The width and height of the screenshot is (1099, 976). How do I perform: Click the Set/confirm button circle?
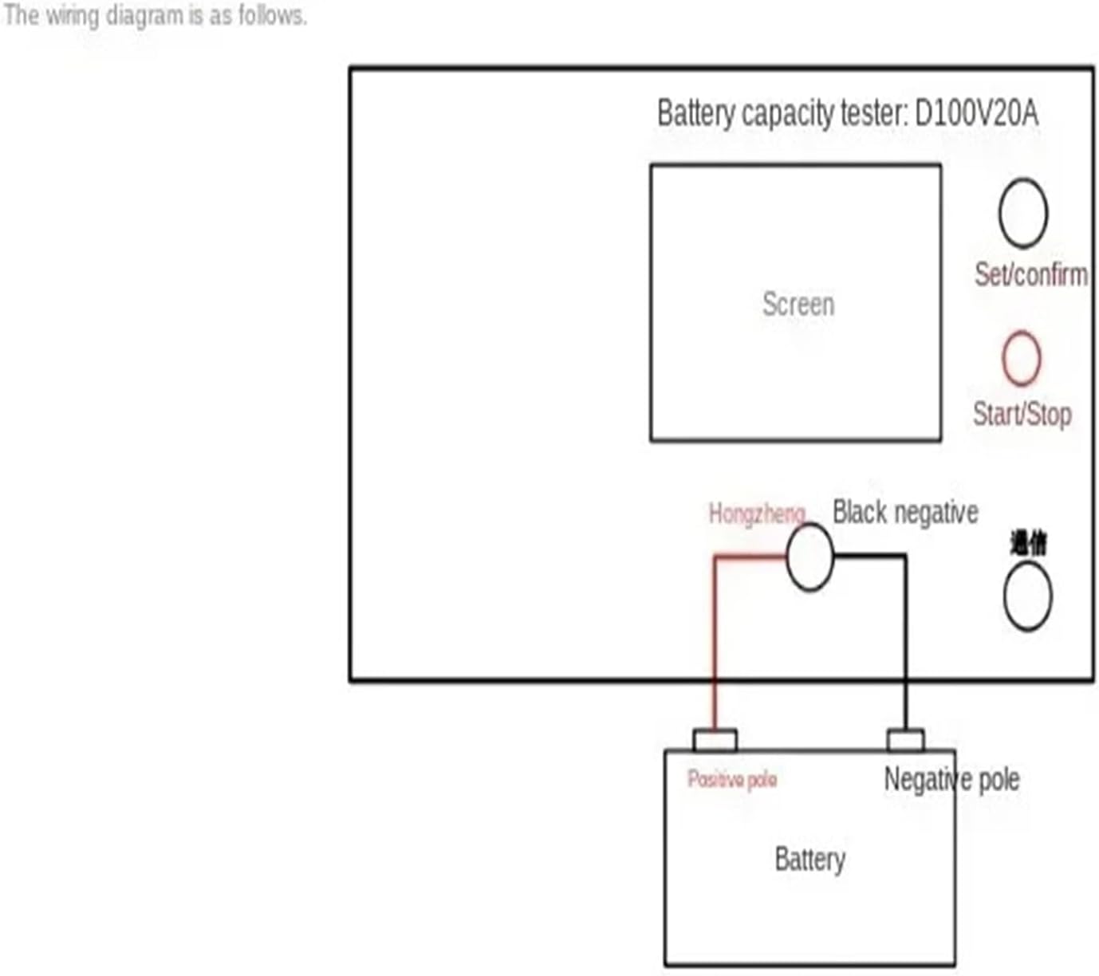tap(1023, 213)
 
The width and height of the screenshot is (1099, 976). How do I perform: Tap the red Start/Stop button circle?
tap(1022, 358)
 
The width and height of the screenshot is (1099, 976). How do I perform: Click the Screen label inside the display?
tap(798, 304)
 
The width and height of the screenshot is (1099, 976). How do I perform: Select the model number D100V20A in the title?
tap(976, 113)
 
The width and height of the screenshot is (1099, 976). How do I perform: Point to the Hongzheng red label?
tap(756, 513)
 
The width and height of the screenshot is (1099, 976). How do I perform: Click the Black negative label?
tap(905, 512)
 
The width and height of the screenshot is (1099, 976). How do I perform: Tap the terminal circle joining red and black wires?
tap(809, 557)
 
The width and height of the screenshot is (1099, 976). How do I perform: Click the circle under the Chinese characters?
tap(1027, 596)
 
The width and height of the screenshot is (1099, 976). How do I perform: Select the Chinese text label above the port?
tap(1028, 544)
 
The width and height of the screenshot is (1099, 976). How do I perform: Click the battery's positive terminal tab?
tap(715, 740)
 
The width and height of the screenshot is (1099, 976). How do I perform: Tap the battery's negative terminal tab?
tap(906, 740)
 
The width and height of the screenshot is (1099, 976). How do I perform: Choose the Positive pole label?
tap(732, 779)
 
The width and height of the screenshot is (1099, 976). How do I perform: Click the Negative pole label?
tap(951, 779)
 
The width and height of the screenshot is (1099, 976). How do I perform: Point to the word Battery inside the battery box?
tap(809, 859)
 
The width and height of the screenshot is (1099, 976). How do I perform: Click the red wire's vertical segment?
tap(715, 638)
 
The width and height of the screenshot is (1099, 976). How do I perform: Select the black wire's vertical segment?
tap(905, 638)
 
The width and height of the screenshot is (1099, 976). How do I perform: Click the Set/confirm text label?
tap(1030, 274)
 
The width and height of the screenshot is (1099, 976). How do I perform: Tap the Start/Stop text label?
tap(1022, 414)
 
